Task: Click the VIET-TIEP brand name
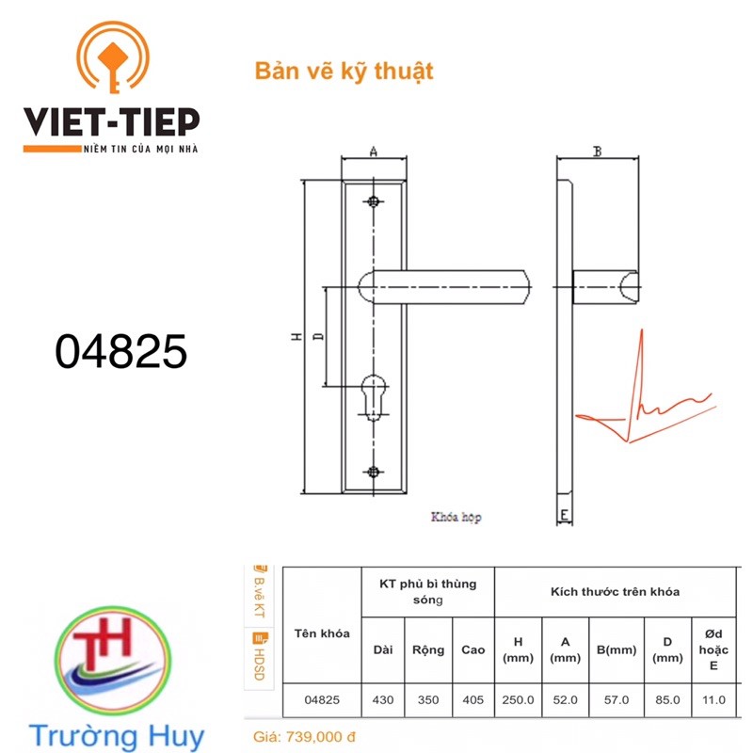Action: [x=112, y=120]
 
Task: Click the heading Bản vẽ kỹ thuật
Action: [x=344, y=72]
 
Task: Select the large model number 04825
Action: [x=121, y=352]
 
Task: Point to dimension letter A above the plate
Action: [x=374, y=152]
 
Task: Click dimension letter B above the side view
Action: [x=597, y=152]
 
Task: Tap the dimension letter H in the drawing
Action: [x=294, y=336]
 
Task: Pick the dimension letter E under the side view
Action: [x=563, y=515]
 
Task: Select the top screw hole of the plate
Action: [x=375, y=201]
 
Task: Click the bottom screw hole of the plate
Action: [x=375, y=471]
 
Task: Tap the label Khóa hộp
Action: [x=457, y=517]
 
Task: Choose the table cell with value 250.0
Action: [x=518, y=699]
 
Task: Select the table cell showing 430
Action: [x=384, y=699]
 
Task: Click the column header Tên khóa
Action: [x=322, y=633]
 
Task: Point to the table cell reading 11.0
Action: [x=714, y=699]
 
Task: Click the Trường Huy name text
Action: [x=115, y=734]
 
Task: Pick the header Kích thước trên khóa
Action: [x=615, y=591]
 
